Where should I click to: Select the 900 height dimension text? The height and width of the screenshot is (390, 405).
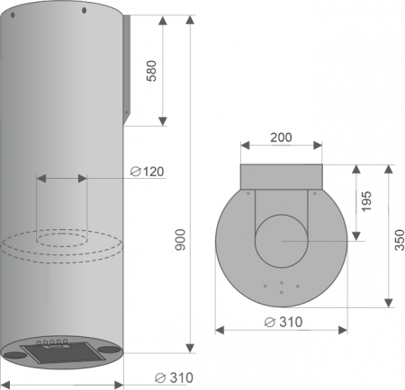pyautogui.click(x=179, y=239)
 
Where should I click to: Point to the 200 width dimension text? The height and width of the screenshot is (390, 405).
pyautogui.click(x=281, y=137)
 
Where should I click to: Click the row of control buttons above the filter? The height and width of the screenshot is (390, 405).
pyautogui.click(x=53, y=341)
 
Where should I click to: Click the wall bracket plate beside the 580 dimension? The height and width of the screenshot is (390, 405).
pyautogui.click(x=127, y=67)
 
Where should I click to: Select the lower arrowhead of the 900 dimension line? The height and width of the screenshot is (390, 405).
pyautogui.click(x=191, y=348)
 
